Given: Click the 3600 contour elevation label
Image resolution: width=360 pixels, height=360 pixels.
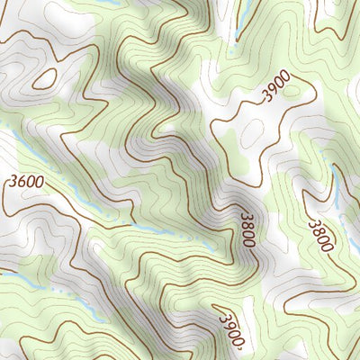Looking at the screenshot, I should tap(25, 182).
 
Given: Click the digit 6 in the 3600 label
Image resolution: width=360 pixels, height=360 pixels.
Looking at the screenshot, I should tap(21, 182).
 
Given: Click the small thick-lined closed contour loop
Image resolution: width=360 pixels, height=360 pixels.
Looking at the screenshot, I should tap(44, 78).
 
